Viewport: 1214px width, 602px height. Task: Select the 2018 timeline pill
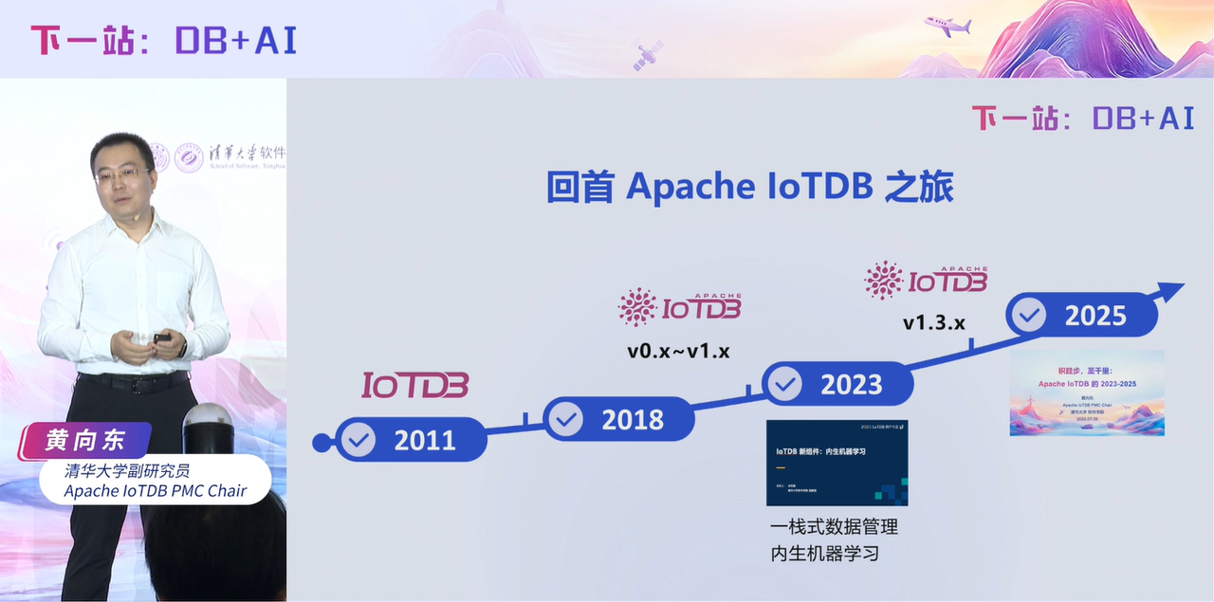(x=617, y=419)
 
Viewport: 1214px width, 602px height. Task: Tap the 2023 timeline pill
(x=837, y=384)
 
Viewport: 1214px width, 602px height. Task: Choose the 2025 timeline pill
(x=1081, y=315)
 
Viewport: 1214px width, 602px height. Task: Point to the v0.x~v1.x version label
(x=678, y=352)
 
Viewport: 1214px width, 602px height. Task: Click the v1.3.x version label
(x=933, y=323)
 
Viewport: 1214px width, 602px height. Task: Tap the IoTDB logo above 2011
(x=414, y=385)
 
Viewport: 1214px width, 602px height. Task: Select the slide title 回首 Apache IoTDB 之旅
(x=749, y=188)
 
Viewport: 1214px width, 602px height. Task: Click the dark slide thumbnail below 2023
(x=837, y=463)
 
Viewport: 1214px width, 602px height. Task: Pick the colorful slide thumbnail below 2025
(x=1086, y=393)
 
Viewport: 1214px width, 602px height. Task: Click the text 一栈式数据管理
(x=834, y=526)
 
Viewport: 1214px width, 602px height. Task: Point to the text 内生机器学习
(x=824, y=553)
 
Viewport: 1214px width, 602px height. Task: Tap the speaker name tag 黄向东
(x=85, y=440)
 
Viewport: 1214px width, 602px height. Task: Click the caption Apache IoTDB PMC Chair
(x=155, y=490)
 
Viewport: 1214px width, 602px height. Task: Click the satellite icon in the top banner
(x=648, y=54)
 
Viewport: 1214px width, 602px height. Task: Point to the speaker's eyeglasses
(x=121, y=174)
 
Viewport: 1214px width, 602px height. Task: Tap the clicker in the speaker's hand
(x=162, y=337)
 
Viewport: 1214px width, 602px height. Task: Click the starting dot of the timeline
(x=322, y=442)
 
